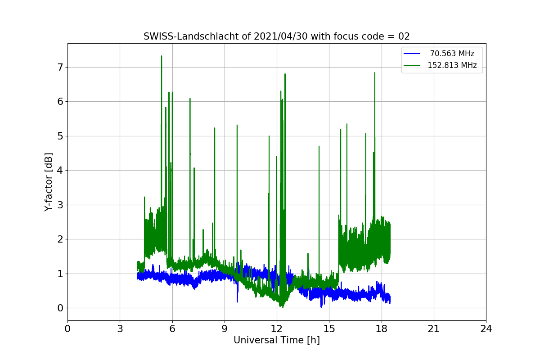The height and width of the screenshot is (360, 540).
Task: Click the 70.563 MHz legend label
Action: coord(452,54)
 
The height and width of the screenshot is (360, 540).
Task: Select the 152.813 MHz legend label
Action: coord(452,65)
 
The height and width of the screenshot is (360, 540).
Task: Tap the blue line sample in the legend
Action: coord(412,54)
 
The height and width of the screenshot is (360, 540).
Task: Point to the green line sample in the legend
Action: coord(412,65)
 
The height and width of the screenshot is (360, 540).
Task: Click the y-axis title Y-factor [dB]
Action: coord(49,182)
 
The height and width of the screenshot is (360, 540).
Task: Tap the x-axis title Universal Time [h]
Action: coord(276,340)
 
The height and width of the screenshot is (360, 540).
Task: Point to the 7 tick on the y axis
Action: coord(60,67)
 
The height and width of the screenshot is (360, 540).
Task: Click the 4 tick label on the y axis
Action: coord(60,170)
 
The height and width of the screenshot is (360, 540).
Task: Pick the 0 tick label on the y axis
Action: coord(60,308)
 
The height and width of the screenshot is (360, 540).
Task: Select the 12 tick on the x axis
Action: coord(276,329)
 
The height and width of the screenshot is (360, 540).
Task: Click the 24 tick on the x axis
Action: coord(486,329)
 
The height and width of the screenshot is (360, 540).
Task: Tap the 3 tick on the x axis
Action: coord(120,329)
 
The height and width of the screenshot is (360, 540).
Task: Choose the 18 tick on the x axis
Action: coord(381,329)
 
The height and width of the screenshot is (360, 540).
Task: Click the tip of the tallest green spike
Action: coord(162,56)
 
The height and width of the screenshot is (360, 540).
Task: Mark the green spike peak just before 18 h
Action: coord(374,72)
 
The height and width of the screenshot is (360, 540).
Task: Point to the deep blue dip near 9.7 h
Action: coord(237,301)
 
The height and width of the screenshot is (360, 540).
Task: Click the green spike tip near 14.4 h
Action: coord(319,146)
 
